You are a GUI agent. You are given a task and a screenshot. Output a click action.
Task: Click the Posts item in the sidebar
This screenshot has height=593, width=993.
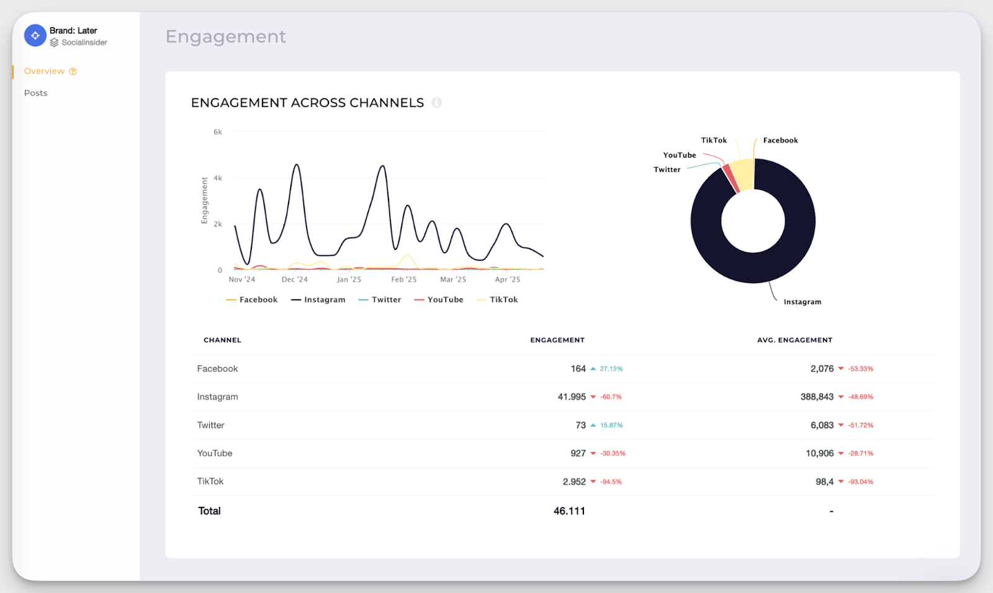coord(35,93)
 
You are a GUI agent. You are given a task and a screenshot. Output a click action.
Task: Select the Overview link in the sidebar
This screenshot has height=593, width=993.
coord(44,71)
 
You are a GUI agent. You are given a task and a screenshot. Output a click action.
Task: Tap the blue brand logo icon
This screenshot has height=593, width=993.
coord(35,35)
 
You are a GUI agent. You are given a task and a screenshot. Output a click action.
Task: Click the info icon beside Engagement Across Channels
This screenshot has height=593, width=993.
coord(436,102)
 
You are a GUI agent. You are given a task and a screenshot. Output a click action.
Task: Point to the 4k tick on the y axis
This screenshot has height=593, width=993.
coord(218,178)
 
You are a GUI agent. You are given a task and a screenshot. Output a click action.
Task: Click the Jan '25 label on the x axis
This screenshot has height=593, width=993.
coord(349,280)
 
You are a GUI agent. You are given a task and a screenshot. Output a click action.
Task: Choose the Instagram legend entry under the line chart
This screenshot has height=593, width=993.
coord(318,300)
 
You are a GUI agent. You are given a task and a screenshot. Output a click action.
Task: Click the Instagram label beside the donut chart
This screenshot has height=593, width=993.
coord(802,302)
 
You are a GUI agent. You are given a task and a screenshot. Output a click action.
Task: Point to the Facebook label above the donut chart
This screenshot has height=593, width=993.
coord(780,140)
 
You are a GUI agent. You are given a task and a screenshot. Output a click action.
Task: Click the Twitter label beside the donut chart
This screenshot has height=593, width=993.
coord(667,169)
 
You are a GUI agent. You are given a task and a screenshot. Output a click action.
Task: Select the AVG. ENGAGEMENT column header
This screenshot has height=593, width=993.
coord(794,340)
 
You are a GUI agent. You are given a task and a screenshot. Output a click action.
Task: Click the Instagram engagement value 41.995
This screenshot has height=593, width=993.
coord(572,397)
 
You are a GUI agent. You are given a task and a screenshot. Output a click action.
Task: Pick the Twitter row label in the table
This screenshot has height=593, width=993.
coord(210,426)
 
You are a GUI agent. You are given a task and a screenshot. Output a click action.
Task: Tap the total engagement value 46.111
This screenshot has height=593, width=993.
coord(569,511)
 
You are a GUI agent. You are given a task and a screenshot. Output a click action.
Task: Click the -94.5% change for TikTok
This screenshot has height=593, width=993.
coord(611,482)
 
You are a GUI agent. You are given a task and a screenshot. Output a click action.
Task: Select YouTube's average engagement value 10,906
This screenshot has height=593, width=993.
coord(819,453)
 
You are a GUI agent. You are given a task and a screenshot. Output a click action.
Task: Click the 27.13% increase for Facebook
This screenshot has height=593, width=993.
coord(611,369)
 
